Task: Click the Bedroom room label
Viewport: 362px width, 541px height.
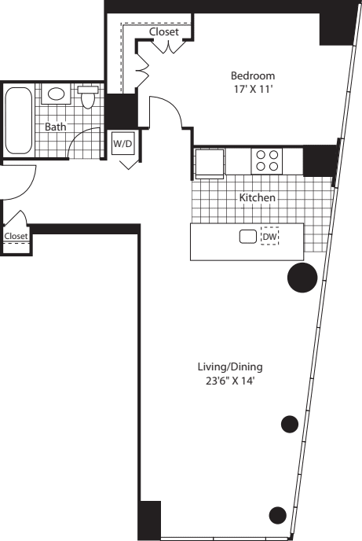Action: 253,75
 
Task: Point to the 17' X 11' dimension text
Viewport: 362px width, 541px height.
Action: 253,89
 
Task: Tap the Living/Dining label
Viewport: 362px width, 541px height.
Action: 229,367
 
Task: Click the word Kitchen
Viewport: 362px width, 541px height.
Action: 257,197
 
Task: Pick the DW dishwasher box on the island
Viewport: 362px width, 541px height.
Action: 269,237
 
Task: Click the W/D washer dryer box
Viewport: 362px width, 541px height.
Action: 122,144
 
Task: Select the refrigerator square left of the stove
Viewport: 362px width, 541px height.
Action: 210,163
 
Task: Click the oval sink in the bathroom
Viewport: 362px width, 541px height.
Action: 57,94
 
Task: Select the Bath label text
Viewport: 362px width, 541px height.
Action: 55,127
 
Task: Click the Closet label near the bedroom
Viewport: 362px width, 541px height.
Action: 164,32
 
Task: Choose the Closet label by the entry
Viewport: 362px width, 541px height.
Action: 16,236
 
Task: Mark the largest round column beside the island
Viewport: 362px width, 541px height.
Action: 302,277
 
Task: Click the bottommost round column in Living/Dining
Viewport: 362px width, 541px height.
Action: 277,516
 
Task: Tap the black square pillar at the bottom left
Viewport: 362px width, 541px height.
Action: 150,520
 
